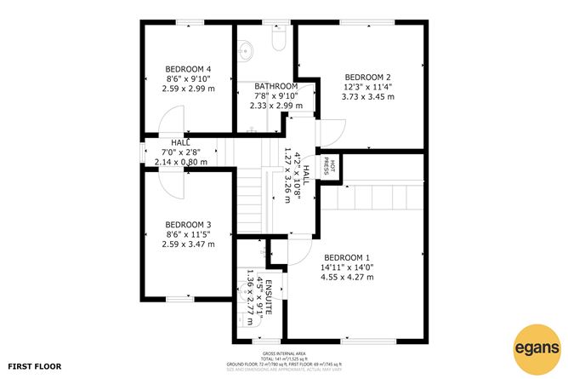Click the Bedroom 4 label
[x=188, y=69]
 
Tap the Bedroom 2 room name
[x=361, y=75]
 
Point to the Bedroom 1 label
[x=346, y=257]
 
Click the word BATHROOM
[x=275, y=86]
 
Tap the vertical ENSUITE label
[x=268, y=298]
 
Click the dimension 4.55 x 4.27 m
[x=346, y=277]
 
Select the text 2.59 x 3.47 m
[x=187, y=244]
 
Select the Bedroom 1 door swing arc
[x=298, y=252]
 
